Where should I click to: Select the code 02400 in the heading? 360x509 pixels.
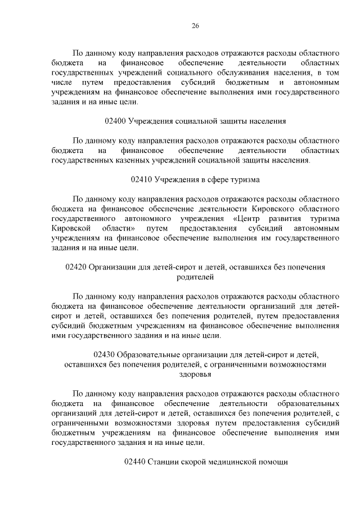point(115,120)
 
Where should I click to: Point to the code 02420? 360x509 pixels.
point(76,267)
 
